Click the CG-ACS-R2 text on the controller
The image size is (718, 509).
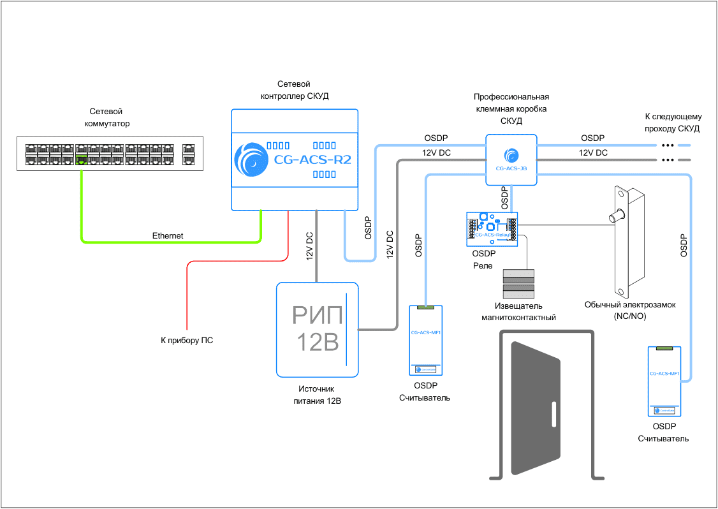click(312, 159)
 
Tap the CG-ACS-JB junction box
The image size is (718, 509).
click(511, 159)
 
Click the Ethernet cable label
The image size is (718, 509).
click(168, 236)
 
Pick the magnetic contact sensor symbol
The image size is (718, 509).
click(520, 284)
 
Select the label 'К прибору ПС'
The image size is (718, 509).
click(187, 341)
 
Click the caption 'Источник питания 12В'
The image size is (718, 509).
click(316, 395)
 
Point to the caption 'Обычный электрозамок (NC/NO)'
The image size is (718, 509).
click(630, 311)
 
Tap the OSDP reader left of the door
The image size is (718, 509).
click(425, 341)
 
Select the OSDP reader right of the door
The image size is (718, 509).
click(664, 381)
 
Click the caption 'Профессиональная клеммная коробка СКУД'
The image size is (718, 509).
click(511, 108)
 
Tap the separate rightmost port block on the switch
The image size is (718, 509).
click(189, 153)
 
